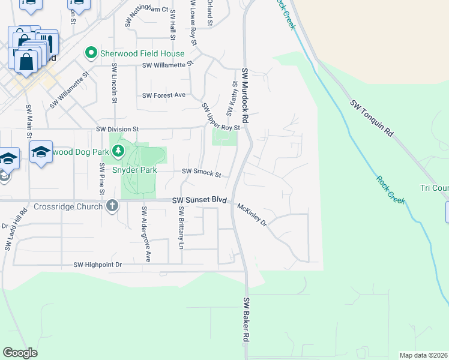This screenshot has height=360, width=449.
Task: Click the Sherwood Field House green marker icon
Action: [91, 53]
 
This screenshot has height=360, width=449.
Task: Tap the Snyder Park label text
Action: [135, 170]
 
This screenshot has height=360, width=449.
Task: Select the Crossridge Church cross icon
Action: [111, 206]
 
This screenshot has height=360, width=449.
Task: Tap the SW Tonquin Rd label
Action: [372, 117]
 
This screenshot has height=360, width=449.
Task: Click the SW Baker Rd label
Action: [246, 328]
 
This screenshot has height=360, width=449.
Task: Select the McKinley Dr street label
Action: [252, 214]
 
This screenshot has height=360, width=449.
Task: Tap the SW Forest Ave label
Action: [164, 95]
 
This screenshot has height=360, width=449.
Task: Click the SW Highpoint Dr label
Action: [98, 265]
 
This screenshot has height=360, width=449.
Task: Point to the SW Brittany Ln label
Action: [181, 228]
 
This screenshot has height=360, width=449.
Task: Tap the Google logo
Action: [20, 353]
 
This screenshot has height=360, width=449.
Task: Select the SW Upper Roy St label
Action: [221, 118]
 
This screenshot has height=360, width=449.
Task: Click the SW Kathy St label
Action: [232, 99]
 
